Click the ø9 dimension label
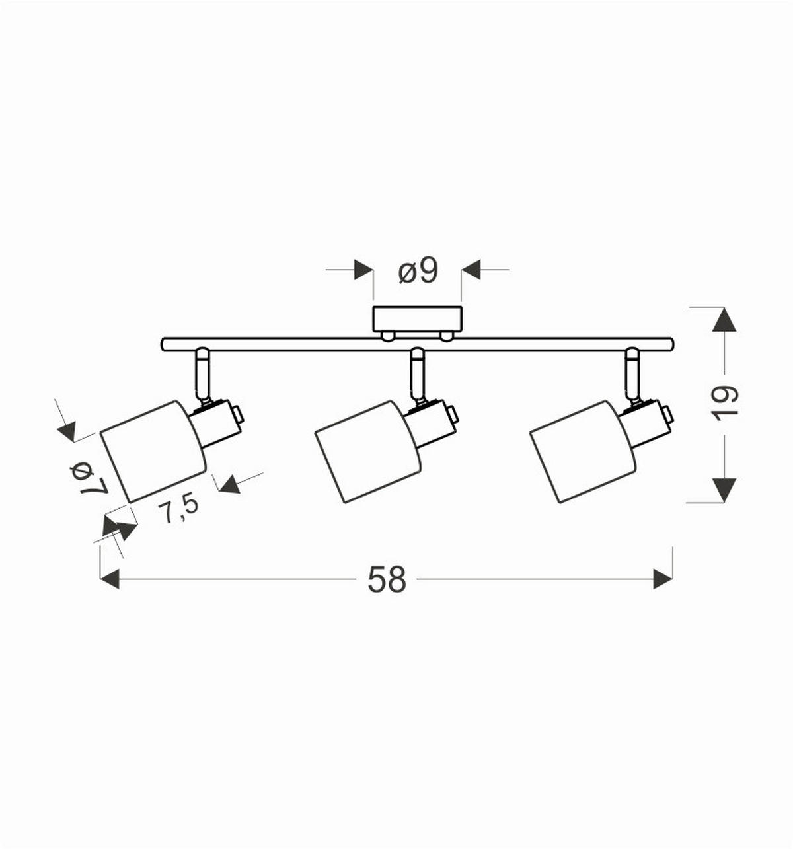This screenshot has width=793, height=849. [418, 272]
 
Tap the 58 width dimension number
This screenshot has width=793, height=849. [387, 579]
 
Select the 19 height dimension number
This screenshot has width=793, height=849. [726, 403]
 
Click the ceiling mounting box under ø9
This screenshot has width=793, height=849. [417, 319]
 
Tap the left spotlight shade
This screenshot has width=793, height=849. [153, 451]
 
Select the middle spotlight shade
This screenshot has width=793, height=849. [368, 452]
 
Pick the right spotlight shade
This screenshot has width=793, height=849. [583, 451]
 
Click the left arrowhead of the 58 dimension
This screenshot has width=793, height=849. [110, 579]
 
